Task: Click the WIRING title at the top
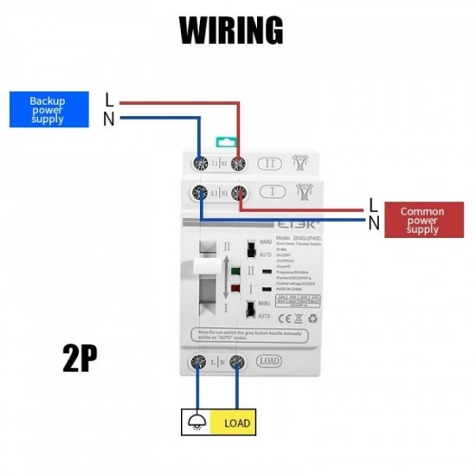click(x=231, y=29)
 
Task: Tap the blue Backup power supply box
click(x=47, y=110)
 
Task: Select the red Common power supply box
click(x=422, y=220)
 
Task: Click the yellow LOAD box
click(x=237, y=423)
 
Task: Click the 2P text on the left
click(x=79, y=359)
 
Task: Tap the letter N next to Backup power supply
click(x=109, y=120)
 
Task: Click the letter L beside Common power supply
click(x=373, y=205)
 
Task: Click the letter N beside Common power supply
click(x=373, y=223)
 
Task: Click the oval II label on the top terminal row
click(x=269, y=162)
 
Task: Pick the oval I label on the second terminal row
click(x=269, y=193)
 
